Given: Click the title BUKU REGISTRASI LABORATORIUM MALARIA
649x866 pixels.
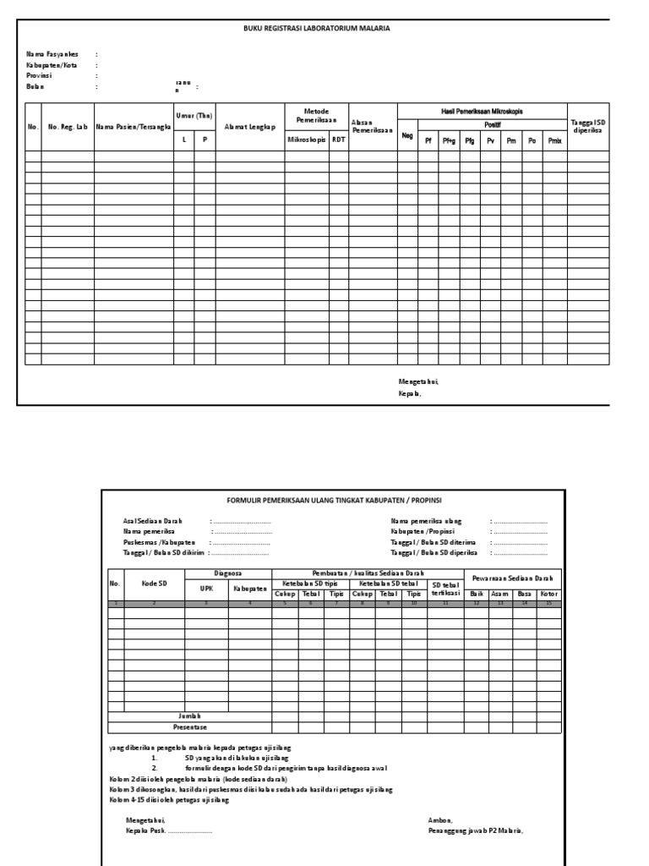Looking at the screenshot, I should (x=317, y=28).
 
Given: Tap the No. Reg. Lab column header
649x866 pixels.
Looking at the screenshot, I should (x=68, y=127).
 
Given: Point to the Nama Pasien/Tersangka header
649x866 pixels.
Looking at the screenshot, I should (x=128, y=127).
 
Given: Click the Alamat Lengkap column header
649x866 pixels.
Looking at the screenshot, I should (x=251, y=127).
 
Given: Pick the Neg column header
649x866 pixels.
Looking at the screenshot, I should (x=407, y=134).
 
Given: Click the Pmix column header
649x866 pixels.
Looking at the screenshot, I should (x=554, y=141).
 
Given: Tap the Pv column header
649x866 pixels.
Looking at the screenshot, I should (x=490, y=141).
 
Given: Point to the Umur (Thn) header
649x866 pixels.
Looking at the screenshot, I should (x=194, y=116).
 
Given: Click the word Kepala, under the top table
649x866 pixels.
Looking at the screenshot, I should (x=409, y=392).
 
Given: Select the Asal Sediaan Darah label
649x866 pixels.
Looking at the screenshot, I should (x=153, y=520).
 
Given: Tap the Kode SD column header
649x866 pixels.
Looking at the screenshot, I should (x=155, y=584).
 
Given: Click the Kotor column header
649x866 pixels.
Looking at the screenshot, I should (x=549, y=594).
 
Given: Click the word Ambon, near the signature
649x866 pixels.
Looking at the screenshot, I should (x=440, y=820).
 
